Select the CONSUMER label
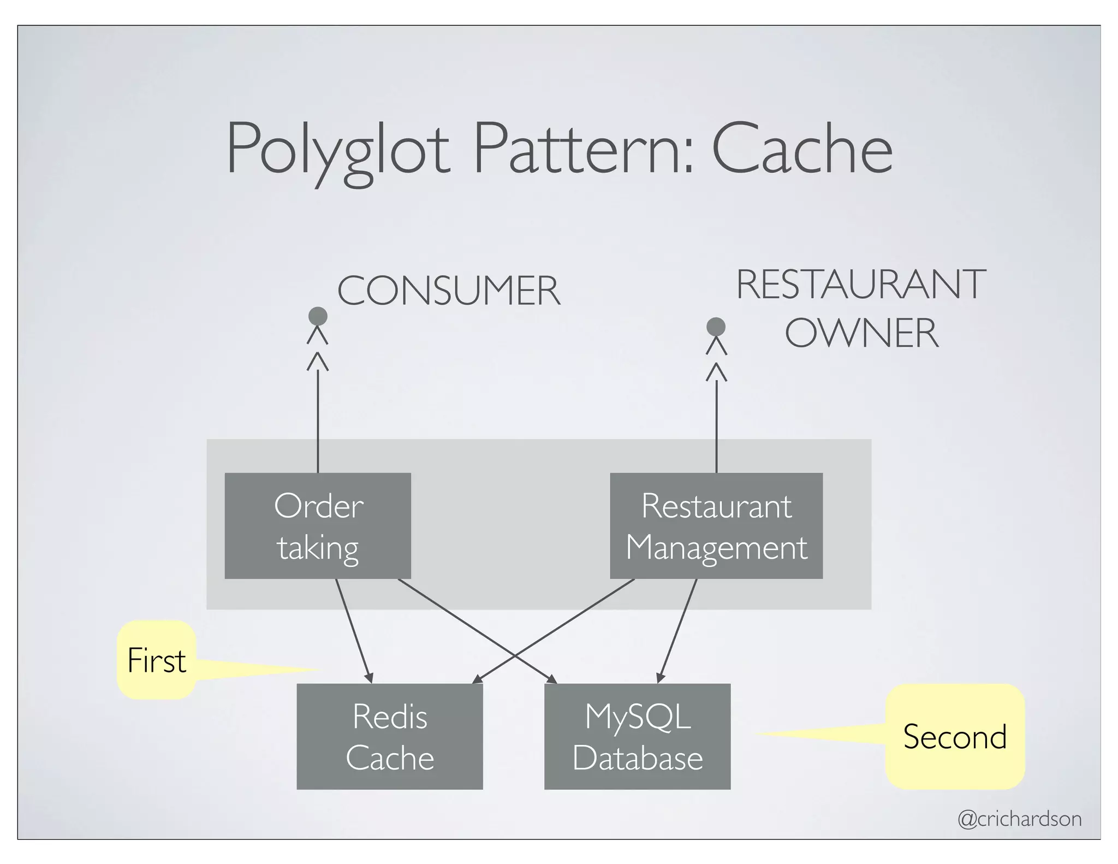pos(448,291)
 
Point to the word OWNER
pos(861,333)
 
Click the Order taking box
pos(318,525)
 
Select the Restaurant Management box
pos(716,525)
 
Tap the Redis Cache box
pos(389,736)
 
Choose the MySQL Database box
pos(637,736)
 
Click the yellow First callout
pos(157,660)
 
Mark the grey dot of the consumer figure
pos(318,316)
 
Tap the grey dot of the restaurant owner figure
pos(716,327)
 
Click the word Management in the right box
pos(716,547)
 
